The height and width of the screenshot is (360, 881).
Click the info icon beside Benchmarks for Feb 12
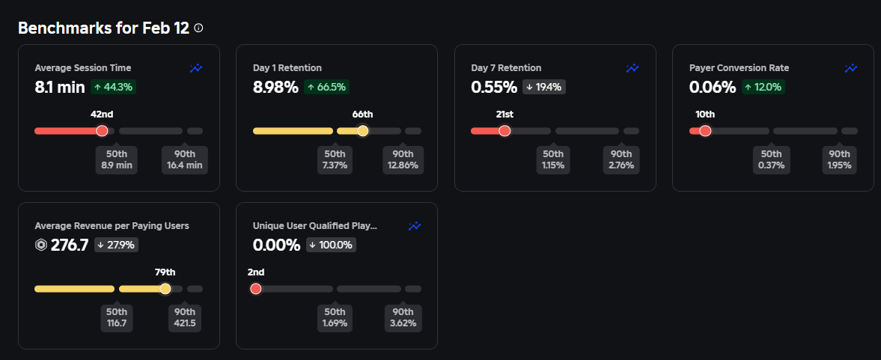[x=198, y=28]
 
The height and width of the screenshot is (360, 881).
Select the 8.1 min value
[x=60, y=87]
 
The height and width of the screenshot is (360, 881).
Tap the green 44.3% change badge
[x=113, y=87]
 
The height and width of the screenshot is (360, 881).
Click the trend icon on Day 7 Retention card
[x=632, y=68]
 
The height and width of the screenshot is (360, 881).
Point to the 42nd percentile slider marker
[x=103, y=131]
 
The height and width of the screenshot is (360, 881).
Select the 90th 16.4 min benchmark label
[x=184, y=159]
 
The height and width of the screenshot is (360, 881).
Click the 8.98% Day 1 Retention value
[x=275, y=87]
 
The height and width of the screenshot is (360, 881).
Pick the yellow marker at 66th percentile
[x=362, y=131]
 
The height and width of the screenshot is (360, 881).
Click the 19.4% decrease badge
[x=543, y=87]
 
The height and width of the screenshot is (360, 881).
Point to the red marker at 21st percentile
[x=504, y=131]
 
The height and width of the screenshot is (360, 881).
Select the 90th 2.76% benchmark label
[x=621, y=159]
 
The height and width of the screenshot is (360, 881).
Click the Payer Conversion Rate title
[x=739, y=68]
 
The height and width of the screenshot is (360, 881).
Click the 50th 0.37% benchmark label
[x=770, y=159]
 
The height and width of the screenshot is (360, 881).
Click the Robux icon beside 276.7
[x=41, y=245]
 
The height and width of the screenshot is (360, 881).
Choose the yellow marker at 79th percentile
[x=165, y=289]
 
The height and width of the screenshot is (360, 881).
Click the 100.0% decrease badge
[x=331, y=245]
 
